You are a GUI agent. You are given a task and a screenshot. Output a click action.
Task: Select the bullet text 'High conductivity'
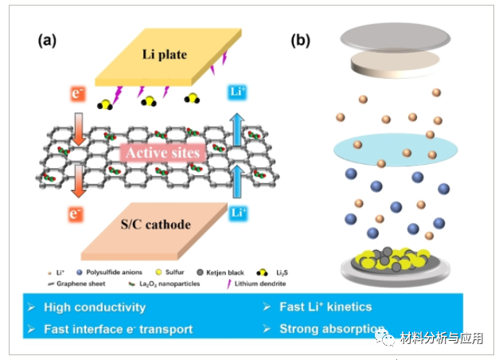coord(94,307)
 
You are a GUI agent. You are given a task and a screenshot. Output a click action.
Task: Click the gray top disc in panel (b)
coord(392,37)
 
